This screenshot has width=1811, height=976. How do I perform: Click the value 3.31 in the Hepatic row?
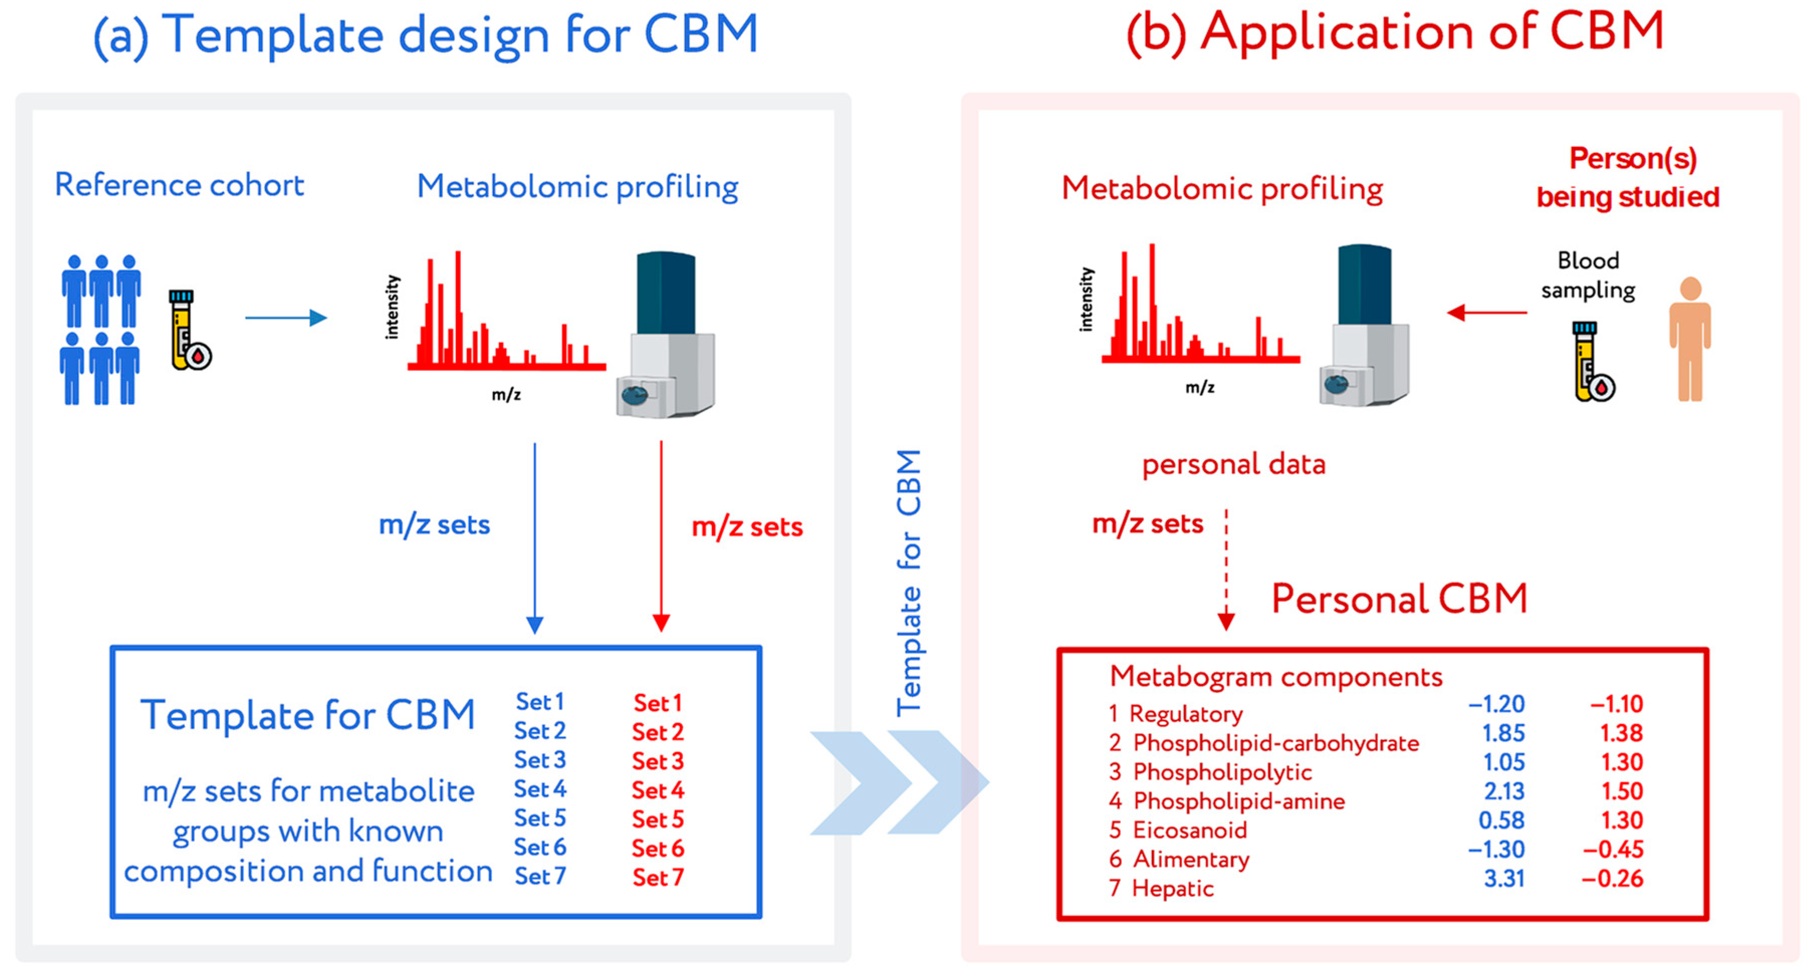click(x=1504, y=878)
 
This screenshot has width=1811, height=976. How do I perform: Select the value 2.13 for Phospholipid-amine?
click(x=1504, y=791)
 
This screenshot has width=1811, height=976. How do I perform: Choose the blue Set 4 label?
click(x=540, y=789)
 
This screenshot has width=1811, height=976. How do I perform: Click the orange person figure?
click(x=1690, y=339)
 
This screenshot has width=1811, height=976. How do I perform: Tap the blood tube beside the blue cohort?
click(x=186, y=330)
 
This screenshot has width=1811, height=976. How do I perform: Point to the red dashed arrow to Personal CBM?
click(x=1226, y=569)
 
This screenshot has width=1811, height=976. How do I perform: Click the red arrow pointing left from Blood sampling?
click(x=1486, y=312)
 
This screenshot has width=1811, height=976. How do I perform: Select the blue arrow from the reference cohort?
click(x=285, y=318)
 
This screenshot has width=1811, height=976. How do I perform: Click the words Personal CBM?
click(x=1399, y=599)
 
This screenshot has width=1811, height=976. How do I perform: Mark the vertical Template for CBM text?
click(x=909, y=583)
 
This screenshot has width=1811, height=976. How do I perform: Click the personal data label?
click(x=1233, y=465)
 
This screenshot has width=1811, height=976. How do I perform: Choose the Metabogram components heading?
click(x=1275, y=676)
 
